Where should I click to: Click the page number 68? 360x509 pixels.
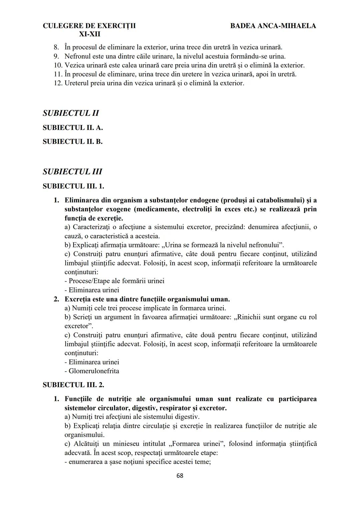pos(180,476)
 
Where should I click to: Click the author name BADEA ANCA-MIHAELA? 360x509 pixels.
pos(273,26)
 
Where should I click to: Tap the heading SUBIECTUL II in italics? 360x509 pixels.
pos(71,113)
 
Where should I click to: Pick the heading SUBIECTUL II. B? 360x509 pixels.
pos(72,142)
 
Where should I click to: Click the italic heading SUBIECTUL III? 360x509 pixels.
pos(72,172)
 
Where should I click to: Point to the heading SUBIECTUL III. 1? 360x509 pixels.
pos(73,186)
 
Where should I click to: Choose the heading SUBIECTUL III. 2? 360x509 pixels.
pos(73,385)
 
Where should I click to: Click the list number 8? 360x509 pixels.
pos(56,47)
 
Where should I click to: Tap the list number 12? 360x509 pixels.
pos(57,83)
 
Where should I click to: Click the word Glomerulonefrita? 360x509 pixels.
pos(94,371)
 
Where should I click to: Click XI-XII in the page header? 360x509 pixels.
pos(89,34)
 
